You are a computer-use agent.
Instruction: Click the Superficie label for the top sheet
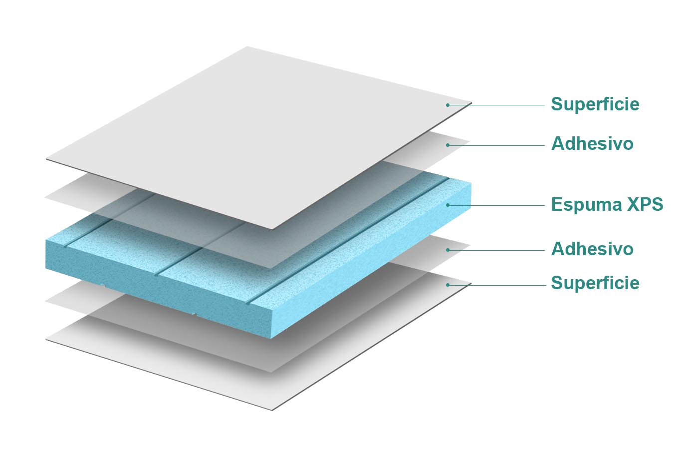(595, 104)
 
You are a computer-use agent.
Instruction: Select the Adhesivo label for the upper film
(592, 144)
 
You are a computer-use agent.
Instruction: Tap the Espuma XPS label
(607, 204)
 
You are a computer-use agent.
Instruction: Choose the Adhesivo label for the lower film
(592, 249)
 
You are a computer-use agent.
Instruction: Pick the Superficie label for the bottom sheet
(595, 283)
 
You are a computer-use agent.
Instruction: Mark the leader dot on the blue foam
(448, 205)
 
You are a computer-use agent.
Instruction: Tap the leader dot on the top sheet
(448, 105)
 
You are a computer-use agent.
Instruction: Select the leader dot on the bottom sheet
(448, 285)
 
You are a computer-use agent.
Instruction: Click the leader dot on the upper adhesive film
(448, 145)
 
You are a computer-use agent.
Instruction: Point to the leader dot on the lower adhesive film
(448, 250)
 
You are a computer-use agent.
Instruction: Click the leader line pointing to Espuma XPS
(499, 205)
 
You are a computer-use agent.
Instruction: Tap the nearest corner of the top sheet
(272, 229)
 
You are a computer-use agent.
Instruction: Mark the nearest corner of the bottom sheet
(272, 410)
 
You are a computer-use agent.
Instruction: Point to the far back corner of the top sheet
(247, 47)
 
